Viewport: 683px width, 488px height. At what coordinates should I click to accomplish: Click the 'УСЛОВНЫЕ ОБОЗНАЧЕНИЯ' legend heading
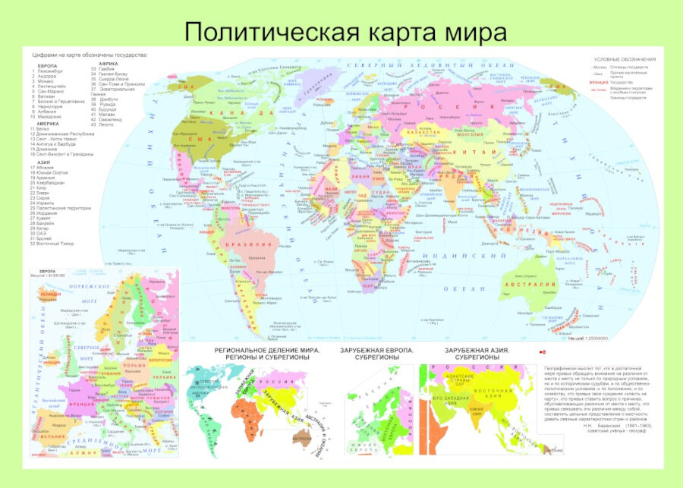click(x=625, y=59)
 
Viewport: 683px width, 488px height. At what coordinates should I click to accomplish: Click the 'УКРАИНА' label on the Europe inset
click(x=165, y=377)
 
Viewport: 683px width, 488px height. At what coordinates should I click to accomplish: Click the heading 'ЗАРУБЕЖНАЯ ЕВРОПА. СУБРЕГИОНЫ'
click(x=376, y=354)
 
